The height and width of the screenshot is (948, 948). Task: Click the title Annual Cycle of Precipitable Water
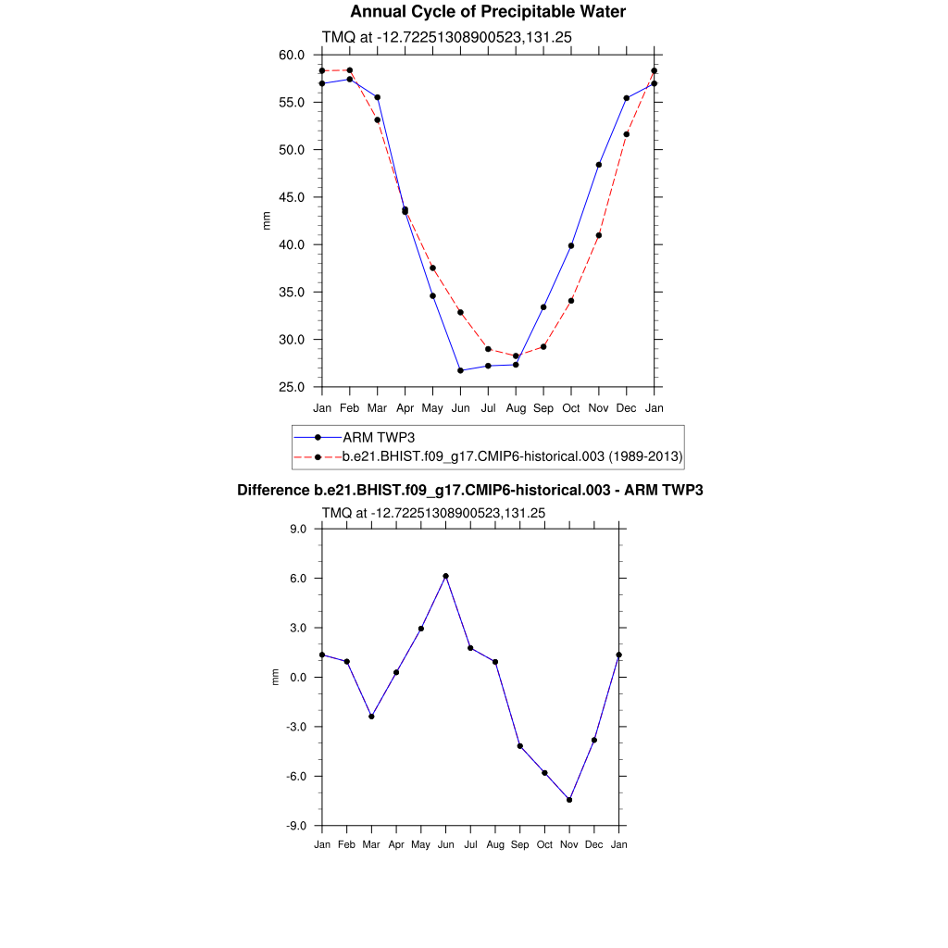(488, 12)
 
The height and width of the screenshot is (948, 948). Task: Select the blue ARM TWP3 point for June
(460, 370)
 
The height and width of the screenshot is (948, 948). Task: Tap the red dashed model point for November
(599, 235)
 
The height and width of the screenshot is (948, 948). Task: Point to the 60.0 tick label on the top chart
(293, 55)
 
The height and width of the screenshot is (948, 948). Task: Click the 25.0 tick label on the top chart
(293, 387)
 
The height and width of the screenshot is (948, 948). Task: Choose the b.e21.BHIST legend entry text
(512, 456)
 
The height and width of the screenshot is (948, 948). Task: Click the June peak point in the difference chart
(446, 576)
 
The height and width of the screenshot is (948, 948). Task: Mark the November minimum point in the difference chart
(569, 800)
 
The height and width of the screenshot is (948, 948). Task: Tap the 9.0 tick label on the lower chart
(298, 529)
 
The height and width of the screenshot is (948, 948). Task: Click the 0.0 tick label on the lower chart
(298, 677)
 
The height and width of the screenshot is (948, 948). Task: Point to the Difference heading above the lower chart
(470, 490)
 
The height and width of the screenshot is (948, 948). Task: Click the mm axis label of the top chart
(267, 220)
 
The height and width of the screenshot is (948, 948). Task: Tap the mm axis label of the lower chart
(275, 677)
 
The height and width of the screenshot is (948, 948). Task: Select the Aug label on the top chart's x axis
(516, 408)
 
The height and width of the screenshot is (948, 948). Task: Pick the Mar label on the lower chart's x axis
(371, 844)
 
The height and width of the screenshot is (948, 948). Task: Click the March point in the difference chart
(371, 717)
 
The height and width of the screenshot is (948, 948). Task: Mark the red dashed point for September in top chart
(543, 347)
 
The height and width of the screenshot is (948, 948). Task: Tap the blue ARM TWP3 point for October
(571, 245)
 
